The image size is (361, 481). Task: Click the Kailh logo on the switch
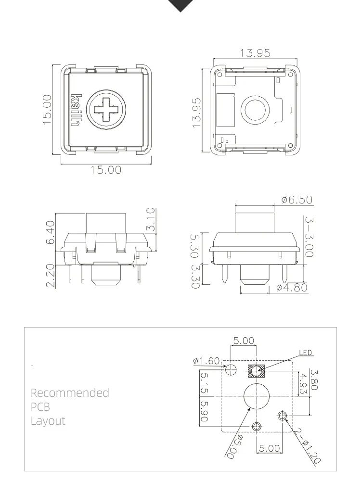point(77,110)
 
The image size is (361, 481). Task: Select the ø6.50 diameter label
point(297,200)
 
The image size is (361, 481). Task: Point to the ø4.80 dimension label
point(292,288)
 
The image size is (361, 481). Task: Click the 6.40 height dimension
point(51,232)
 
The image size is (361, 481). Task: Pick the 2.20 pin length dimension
point(51,276)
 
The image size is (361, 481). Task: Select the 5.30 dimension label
point(195,246)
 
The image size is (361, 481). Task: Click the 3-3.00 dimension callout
point(309,237)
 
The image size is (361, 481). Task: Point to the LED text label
point(306,353)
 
